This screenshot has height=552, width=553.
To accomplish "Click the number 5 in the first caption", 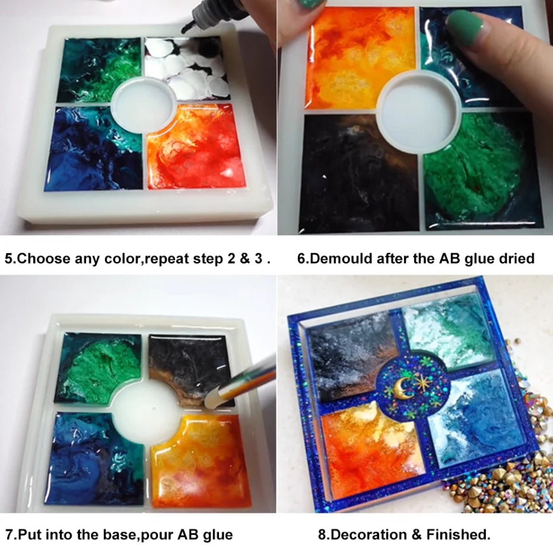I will pos(9,259).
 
